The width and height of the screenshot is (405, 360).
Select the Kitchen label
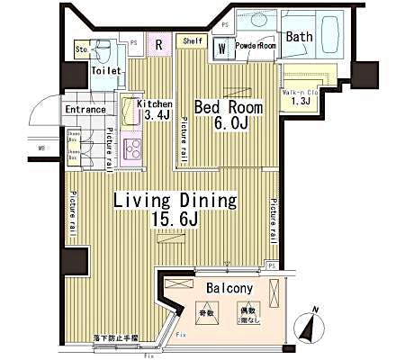pyautogui.click(x=154, y=103)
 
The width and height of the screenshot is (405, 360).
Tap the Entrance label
pyautogui.click(x=85, y=111)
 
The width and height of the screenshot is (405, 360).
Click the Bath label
pyautogui.click(x=300, y=37)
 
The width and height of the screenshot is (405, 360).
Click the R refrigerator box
pyautogui.click(x=158, y=44)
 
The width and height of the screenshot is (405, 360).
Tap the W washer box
pyautogui.click(x=221, y=49)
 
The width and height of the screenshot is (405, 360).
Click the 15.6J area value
pyautogui.click(x=173, y=219)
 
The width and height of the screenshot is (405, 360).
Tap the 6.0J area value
pyautogui.click(x=230, y=125)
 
